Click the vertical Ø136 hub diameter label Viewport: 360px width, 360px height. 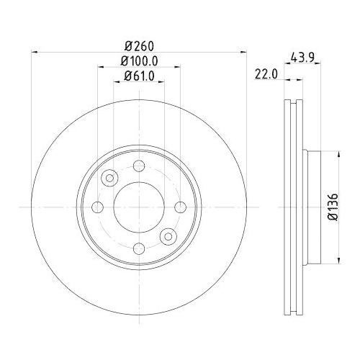point(333,207)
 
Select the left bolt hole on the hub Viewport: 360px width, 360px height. point(99,207)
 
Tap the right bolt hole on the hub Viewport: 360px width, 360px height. point(180,207)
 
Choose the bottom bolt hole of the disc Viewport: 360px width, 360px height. point(139,248)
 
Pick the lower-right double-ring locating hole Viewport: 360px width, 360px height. point(168,236)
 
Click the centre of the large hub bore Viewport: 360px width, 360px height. point(139,207)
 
